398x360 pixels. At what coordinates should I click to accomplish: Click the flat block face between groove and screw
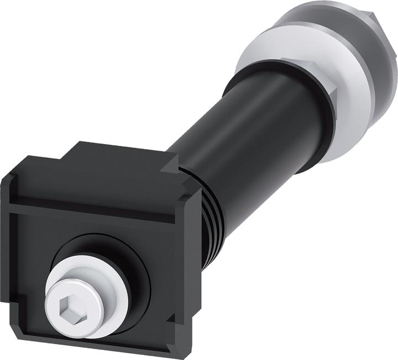[72, 232]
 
